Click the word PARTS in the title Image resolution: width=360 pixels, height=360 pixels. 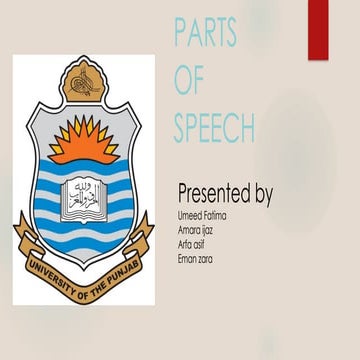pyautogui.click(x=205, y=33)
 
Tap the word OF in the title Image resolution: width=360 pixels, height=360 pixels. pyautogui.click(x=189, y=80)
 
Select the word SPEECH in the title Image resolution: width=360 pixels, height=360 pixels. pyautogui.click(x=214, y=127)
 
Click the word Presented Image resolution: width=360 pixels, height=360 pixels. pyautogui.click(x=213, y=193)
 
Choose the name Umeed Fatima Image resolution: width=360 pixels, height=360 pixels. pyautogui.click(x=201, y=216)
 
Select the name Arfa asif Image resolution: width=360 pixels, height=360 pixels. pyautogui.click(x=193, y=244)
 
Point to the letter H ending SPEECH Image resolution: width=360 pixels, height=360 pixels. pyautogui.click(x=246, y=127)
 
